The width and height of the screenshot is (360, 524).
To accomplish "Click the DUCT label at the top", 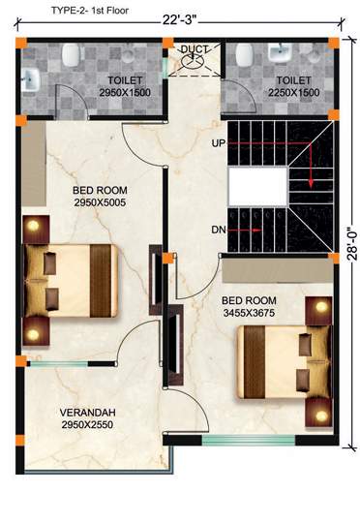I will point(195,48).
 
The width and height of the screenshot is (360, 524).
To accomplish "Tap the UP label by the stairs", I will point(218,143).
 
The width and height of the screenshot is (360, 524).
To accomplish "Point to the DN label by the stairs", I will point(218,230).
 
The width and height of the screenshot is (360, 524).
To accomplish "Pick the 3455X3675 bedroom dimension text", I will point(255,314).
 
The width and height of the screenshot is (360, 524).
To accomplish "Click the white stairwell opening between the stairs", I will point(256,185).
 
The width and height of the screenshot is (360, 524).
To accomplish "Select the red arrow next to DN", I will point(246,231).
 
